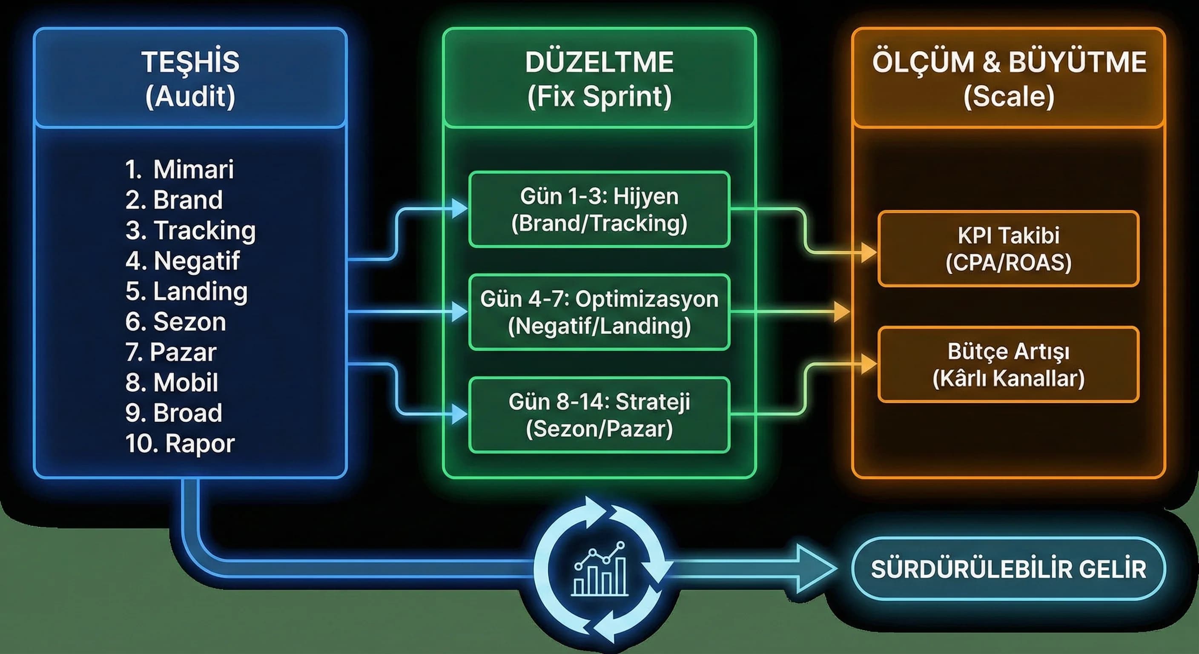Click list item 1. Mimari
coord(180,169)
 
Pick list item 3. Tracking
coord(190,230)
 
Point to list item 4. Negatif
coord(183,261)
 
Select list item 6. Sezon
coord(176,321)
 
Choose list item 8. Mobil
coord(172,382)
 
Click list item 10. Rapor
coord(180,443)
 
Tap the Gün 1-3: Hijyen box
coord(599,209)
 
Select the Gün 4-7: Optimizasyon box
coord(599,312)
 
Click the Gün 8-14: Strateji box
coord(599,415)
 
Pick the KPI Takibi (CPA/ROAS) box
coord(1009,249)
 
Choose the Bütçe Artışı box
coord(1009,364)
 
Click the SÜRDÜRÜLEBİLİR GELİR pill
coord(1009,569)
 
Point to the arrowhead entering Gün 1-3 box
coord(459,209)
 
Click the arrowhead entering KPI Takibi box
coord(869,253)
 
